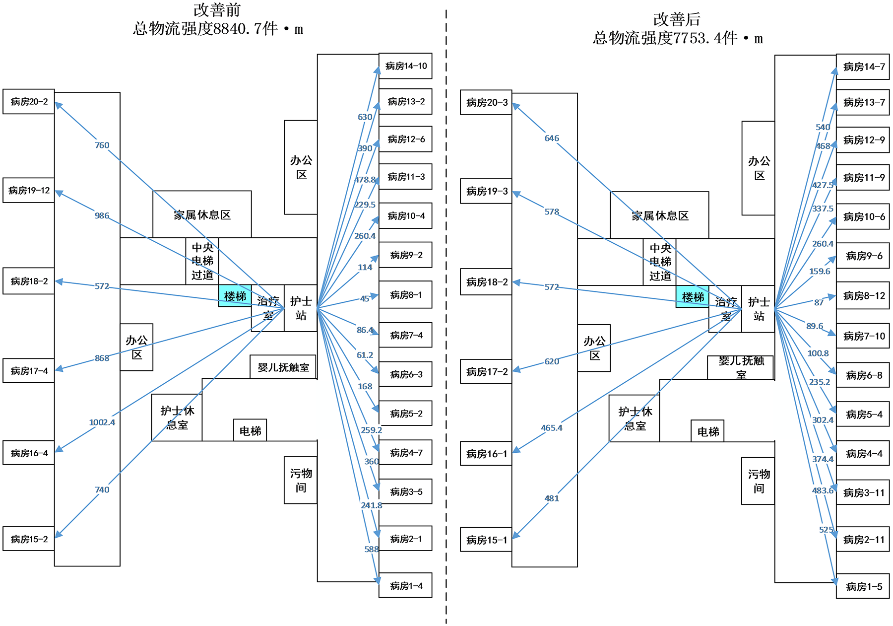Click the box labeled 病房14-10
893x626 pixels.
405,66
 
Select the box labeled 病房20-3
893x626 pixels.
486,103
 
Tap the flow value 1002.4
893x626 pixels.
102,422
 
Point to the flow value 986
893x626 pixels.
102,215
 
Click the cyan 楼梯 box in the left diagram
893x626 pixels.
235,296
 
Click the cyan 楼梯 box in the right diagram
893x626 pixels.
693,297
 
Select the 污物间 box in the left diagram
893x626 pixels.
301,480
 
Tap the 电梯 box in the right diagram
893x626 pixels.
708,431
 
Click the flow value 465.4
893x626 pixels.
551,428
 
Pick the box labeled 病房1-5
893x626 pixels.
863,587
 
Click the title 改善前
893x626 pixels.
217,10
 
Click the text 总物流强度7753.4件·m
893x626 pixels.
677,38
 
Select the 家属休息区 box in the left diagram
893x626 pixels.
202,215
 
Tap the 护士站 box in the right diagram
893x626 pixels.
759,309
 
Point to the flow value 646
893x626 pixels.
551,138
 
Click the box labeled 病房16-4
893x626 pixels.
29,453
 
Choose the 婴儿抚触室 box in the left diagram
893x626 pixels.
283,367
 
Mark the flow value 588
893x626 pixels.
371,549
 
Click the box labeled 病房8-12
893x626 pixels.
863,296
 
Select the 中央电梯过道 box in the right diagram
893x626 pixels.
660,262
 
